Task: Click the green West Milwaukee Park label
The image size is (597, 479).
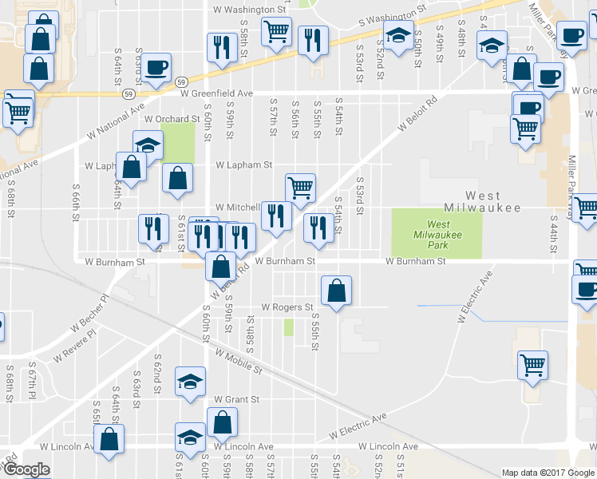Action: click(x=437, y=235)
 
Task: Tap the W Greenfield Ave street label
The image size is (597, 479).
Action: click(x=216, y=93)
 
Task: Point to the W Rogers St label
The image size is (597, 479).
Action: click(x=287, y=307)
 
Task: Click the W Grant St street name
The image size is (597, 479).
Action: click(x=236, y=399)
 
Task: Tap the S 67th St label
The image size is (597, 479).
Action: click(x=33, y=384)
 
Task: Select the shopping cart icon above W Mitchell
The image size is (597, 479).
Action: click(x=300, y=188)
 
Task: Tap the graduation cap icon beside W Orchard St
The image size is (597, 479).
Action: click(x=148, y=145)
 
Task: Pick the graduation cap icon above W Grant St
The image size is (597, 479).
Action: click(x=190, y=381)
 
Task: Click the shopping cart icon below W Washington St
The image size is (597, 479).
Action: click(x=276, y=32)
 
